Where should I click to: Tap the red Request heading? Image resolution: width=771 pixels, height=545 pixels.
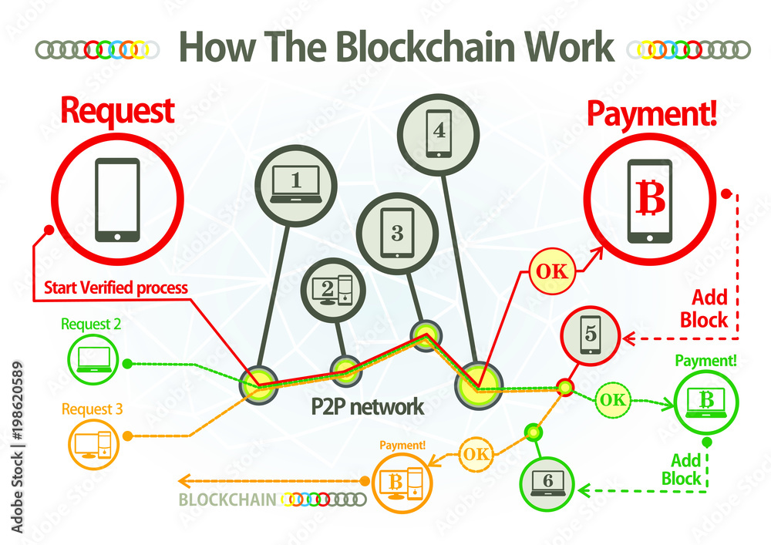117,112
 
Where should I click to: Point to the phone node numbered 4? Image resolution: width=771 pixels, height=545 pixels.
439,132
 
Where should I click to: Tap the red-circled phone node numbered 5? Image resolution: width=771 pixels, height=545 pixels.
589,335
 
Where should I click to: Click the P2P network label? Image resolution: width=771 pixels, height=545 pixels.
368,406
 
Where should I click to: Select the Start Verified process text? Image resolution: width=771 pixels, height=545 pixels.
116,288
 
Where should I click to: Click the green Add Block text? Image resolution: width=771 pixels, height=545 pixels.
682,469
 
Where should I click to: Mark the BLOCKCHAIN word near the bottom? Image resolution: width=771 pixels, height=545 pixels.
227,500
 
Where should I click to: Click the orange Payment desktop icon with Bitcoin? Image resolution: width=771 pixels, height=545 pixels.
402,482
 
